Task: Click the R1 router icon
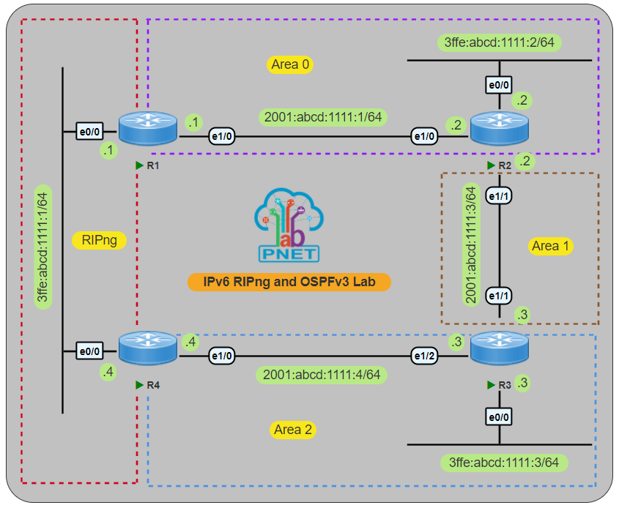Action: (x=147, y=127)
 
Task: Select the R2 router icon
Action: (x=499, y=127)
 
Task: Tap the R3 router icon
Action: (x=499, y=347)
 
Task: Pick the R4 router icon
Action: (x=147, y=347)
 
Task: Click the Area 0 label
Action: (x=290, y=64)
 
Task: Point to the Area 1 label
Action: (x=550, y=246)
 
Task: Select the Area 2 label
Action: (x=292, y=430)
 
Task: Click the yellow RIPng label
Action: (x=100, y=239)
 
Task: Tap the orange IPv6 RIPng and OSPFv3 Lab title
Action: (x=289, y=282)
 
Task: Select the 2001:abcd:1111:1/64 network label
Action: (x=323, y=116)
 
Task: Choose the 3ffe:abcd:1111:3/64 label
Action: (x=504, y=463)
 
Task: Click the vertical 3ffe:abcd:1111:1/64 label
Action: (x=44, y=247)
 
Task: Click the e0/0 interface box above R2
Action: (x=499, y=85)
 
